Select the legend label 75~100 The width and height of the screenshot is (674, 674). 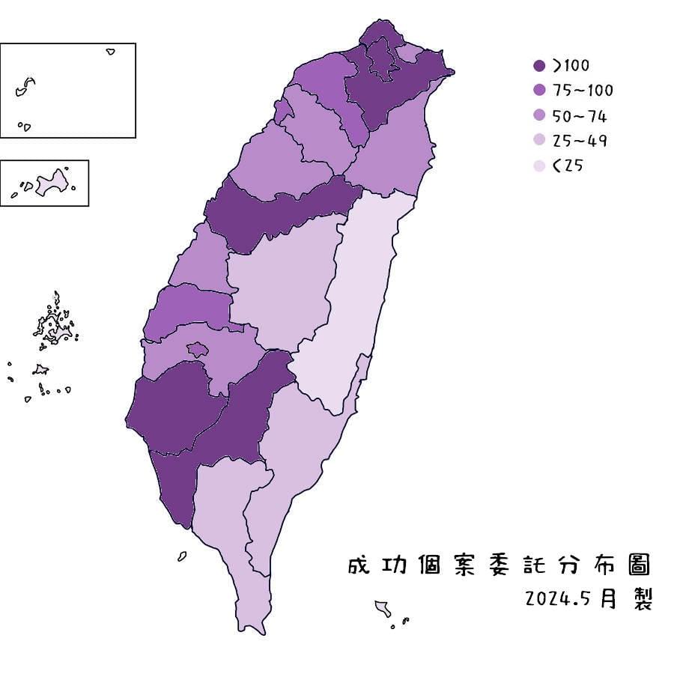coord(583,91)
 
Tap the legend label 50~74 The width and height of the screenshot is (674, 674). coord(580,116)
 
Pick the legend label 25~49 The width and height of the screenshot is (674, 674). coord(580,141)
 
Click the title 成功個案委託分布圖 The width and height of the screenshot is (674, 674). coord(498,565)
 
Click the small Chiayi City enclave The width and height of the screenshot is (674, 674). coord(198,349)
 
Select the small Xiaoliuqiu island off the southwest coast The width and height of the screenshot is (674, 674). coord(182,556)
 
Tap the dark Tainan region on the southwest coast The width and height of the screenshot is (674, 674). coord(172,408)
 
